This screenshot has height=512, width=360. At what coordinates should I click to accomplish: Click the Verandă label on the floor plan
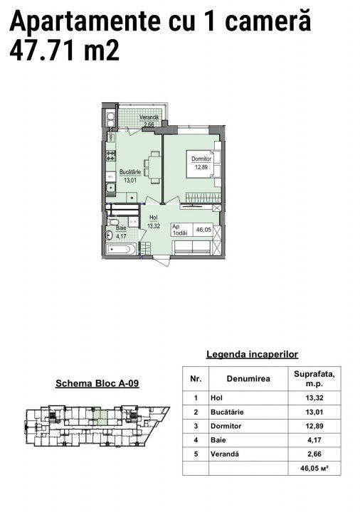pos(149,117)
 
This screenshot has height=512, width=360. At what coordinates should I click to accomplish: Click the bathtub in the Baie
pos(120,250)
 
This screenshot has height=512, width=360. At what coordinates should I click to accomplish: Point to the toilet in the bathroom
pos(112,223)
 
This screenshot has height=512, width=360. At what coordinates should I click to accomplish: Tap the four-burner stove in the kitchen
pos(111,156)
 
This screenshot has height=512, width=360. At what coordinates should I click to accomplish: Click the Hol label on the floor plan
pos(153,218)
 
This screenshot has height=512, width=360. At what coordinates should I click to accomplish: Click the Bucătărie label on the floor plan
pos(130,172)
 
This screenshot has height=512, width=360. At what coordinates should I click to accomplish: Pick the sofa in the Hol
pos(192,247)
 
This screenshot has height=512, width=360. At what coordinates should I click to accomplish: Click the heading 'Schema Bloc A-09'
pos(97,383)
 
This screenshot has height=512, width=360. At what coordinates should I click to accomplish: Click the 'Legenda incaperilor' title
pos(252,354)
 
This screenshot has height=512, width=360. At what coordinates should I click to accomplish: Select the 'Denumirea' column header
pos(248,379)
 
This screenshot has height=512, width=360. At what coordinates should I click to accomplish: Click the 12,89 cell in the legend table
pos(314,426)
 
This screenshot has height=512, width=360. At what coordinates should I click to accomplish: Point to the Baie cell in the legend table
pos(218,440)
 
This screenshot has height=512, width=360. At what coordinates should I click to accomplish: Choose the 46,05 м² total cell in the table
pos(314,468)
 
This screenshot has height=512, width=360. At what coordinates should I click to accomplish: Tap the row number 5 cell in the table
pos(196,454)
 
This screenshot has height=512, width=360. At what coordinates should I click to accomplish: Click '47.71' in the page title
pos(43,51)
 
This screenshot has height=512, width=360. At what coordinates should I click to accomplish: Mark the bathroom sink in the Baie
pos(109,235)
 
